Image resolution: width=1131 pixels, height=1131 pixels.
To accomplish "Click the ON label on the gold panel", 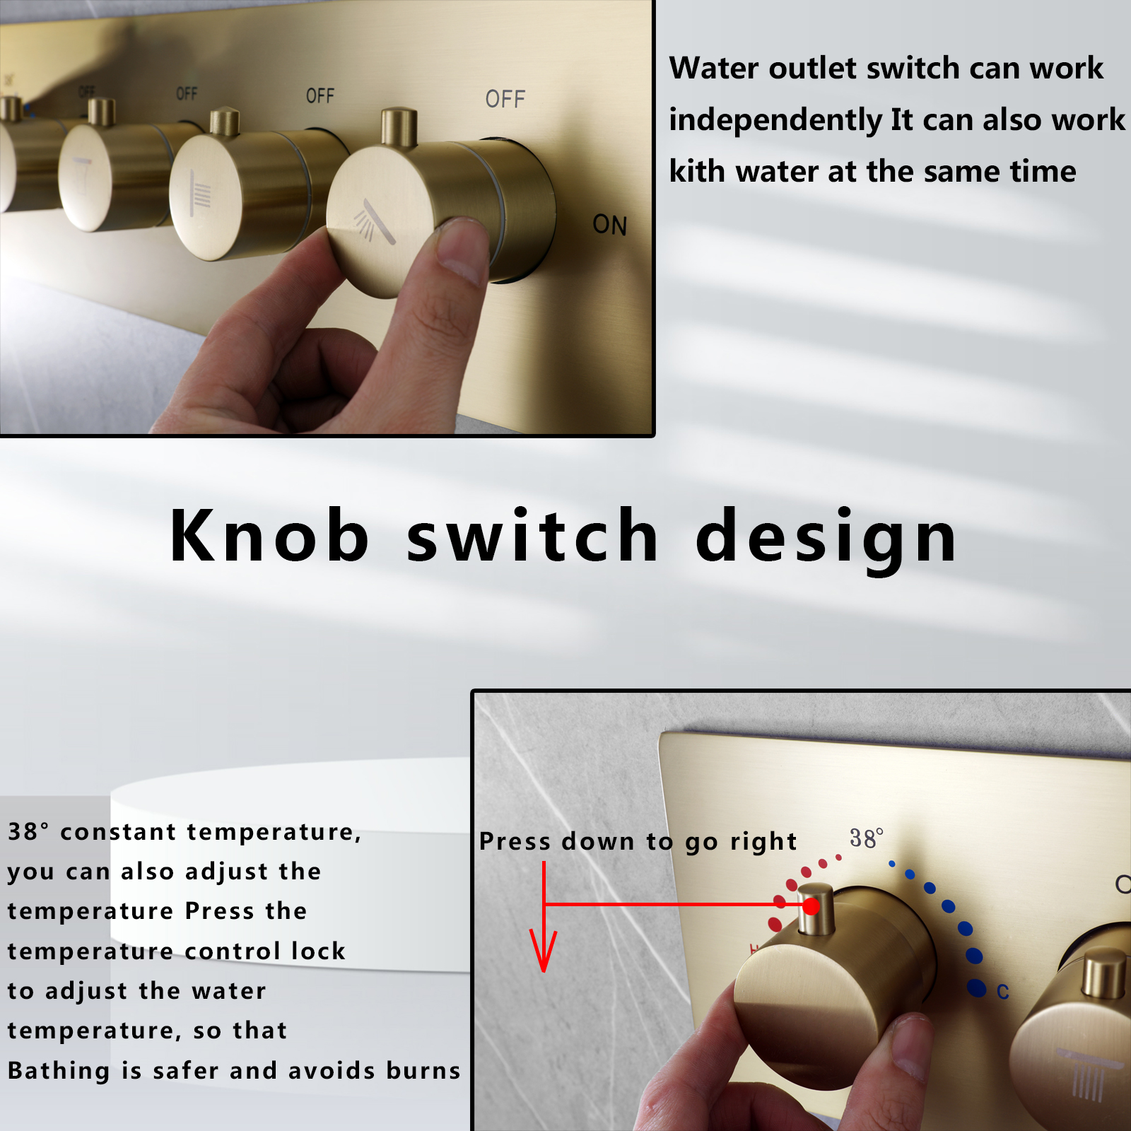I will [609, 225].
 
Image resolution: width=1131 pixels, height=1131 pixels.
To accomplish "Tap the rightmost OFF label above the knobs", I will [505, 99].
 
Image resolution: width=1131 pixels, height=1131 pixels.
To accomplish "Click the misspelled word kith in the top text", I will [696, 171].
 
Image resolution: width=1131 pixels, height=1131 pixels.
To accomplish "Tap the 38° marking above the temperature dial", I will [866, 838].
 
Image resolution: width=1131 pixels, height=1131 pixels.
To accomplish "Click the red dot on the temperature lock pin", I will [811, 906].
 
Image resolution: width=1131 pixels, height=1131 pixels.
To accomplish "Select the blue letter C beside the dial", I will [1002, 992].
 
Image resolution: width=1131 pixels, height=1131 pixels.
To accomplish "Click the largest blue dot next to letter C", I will [976, 988].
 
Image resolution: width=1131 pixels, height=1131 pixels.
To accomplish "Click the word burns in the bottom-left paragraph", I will [423, 1070].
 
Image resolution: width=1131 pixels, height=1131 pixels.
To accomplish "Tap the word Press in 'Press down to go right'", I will [515, 841].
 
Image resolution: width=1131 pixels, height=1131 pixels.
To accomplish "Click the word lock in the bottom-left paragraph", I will [318, 951].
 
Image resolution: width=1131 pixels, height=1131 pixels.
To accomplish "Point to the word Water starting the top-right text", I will [714, 68].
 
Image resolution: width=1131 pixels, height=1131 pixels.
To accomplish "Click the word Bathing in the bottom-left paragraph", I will [59, 1070].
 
